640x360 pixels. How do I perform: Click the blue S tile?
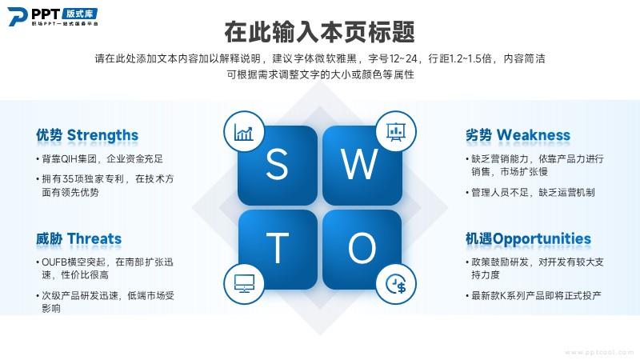coord(278,166)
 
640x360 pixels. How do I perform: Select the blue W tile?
coord(362,166)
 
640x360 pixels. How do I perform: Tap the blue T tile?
coord(278,250)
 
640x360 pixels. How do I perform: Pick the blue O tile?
coord(362,250)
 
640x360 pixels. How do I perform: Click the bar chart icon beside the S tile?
coord(244,132)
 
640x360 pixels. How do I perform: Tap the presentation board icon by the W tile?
coord(395,132)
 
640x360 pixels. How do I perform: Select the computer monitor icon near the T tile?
coord(244,284)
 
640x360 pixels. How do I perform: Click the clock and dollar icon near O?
coord(395,284)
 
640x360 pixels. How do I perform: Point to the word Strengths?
coord(102,135)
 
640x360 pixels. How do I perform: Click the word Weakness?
coord(534,135)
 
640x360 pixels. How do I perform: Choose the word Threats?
coord(94,238)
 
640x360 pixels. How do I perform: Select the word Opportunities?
coord(542,239)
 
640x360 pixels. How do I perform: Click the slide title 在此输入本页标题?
coord(319,32)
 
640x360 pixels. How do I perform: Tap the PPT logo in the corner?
coord(53,17)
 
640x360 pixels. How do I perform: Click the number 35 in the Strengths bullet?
coord(69,179)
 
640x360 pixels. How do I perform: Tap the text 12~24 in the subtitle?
coord(403,58)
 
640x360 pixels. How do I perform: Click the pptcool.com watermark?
coord(599,352)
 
